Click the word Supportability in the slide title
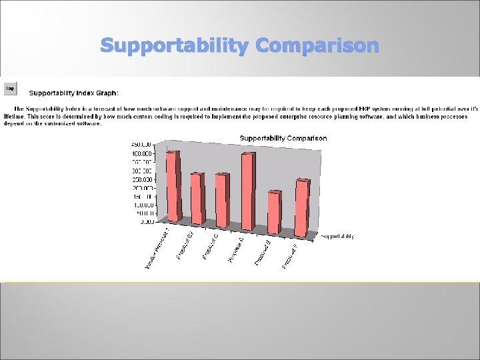tap(175, 46)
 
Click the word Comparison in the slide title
tap(317, 46)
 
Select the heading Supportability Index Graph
tap(73, 93)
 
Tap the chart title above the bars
tap(283, 138)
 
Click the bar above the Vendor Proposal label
tap(173, 187)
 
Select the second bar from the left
tap(197, 199)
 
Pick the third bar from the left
tap(222, 200)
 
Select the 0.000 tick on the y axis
tap(146, 222)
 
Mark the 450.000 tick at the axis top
tap(141, 144)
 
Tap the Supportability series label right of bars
tap(337, 236)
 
